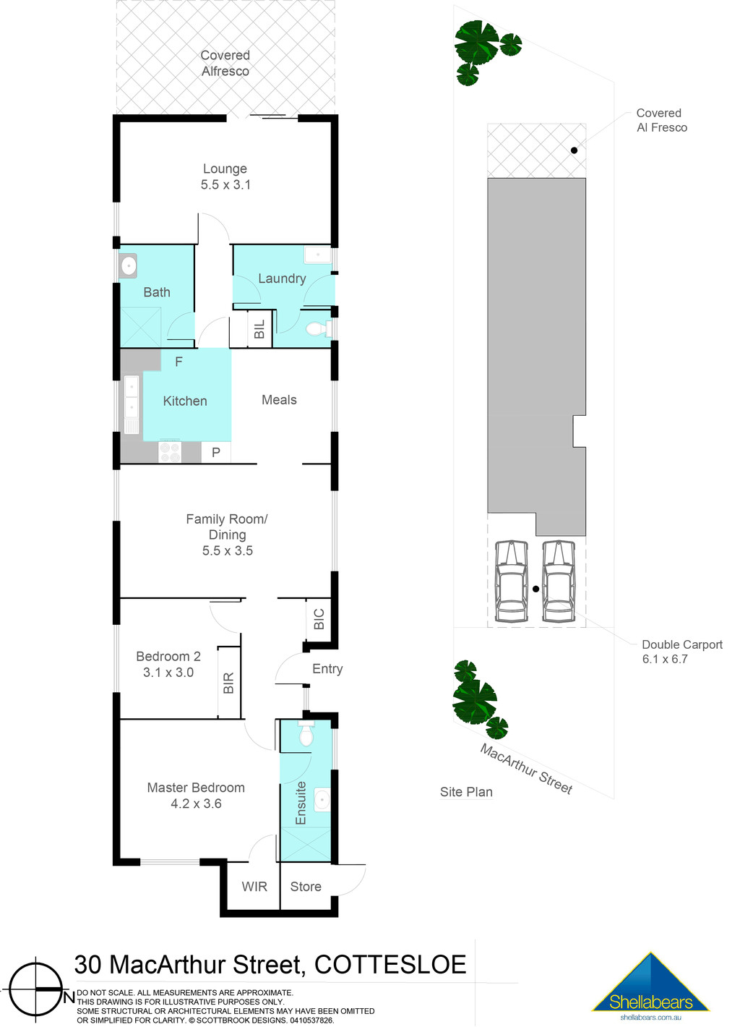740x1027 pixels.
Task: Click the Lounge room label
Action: pos(225,169)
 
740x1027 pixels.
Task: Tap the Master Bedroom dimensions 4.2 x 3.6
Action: pos(196,804)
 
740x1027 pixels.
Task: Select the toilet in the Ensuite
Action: pos(306,735)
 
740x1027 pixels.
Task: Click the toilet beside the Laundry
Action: pos(317,330)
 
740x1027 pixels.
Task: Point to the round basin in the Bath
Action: pos(129,266)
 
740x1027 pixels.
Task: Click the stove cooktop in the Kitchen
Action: pos(170,452)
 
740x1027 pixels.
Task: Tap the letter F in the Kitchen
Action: pos(179,362)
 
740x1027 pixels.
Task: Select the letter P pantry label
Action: pos(216,453)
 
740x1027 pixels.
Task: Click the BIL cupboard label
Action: pos(259,330)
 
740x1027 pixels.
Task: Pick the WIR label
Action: pos(254,887)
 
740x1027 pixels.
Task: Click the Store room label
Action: pos(306,887)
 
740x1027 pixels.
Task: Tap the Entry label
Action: pos(327,669)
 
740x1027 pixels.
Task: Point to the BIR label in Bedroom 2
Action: pos(229,683)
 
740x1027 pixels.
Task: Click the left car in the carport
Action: pos(512,581)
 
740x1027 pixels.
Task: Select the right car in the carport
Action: pos(559,581)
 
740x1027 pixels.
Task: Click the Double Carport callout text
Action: pos(681,644)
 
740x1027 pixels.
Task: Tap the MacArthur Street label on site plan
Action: pos(526,770)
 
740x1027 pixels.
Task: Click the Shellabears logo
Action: pos(650,986)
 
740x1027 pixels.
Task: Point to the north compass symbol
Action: pos(36,989)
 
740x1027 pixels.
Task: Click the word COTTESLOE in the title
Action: pos(390,965)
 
